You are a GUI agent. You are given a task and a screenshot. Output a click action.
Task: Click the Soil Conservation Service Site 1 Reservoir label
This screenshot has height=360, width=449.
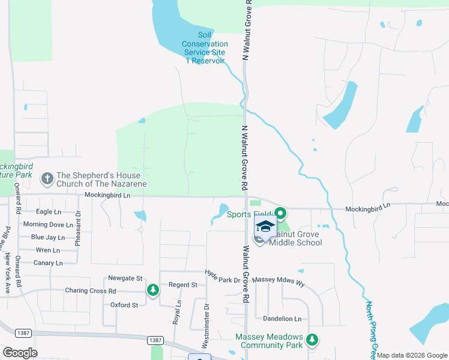(x=205, y=48)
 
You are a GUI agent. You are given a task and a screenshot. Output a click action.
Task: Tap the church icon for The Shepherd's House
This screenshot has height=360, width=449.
(x=47, y=178)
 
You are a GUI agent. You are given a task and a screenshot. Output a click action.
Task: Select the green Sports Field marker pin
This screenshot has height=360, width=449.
(x=280, y=213)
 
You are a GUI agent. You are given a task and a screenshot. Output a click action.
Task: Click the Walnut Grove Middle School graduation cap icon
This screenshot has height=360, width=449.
(x=265, y=226)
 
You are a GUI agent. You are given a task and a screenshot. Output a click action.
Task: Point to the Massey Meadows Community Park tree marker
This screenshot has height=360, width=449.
(x=312, y=340)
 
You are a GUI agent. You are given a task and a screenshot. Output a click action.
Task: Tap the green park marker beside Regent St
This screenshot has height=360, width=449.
(x=153, y=290)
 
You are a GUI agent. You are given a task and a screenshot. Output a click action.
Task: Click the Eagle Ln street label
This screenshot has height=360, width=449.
(x=49, y=212)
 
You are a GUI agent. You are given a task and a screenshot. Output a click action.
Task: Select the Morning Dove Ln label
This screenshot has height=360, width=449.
(x=47, y=224)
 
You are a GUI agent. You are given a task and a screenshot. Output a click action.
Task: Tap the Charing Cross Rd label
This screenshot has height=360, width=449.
(x=90, y=291)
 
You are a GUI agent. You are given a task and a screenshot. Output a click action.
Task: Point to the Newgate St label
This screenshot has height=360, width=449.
(x=125, y=278)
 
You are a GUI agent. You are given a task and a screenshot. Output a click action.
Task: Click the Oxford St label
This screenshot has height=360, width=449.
(x=124, y=305)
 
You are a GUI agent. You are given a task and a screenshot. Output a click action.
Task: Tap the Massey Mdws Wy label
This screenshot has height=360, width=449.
(x=279, y=280)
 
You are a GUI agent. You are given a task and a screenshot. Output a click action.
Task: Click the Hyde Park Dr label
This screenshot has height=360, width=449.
(x=222, y=277)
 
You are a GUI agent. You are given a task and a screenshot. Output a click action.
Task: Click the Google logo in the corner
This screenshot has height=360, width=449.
(x=20, y=353)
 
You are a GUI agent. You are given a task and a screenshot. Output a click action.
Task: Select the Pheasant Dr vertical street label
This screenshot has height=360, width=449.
(x=78, y=231)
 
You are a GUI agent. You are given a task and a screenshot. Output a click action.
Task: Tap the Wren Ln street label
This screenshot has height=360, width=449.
(x=47, y=250)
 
